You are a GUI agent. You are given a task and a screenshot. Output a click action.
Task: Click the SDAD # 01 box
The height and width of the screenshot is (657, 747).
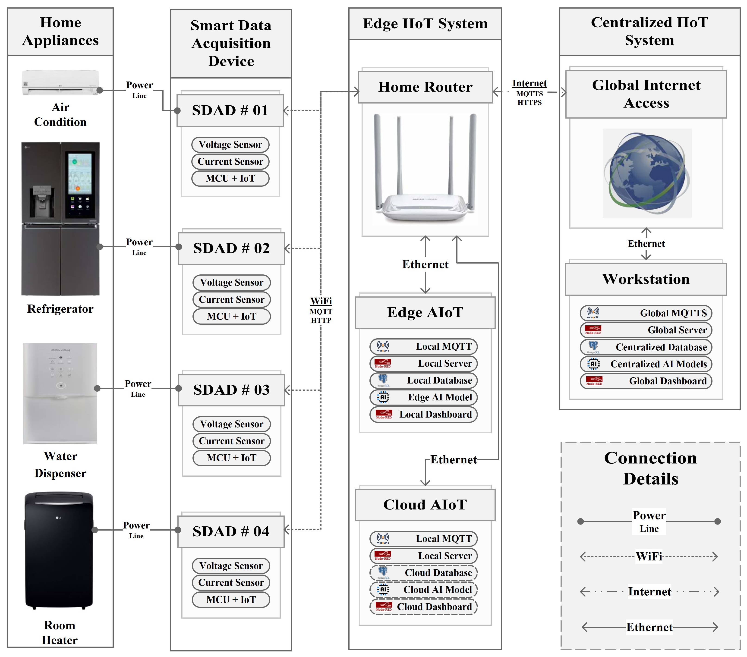(230, 110)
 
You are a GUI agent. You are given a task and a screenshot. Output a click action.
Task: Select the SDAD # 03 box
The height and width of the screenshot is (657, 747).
(231, 390)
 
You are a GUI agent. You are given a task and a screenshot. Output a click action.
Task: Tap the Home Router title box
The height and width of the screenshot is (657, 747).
(425, 87)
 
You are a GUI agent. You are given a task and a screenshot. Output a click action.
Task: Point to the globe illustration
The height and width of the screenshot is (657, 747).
(647, 173)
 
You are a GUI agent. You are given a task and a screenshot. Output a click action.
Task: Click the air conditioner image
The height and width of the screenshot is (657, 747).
(60, 82)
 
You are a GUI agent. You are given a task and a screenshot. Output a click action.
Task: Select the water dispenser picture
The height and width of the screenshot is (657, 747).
(60, 393)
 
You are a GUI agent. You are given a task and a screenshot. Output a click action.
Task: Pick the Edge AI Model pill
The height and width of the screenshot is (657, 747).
(424, 397)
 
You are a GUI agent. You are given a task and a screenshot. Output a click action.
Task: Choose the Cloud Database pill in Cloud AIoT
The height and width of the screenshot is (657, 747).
(424, 573)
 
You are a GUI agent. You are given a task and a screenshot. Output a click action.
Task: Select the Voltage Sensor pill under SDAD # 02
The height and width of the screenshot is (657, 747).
(231, 283)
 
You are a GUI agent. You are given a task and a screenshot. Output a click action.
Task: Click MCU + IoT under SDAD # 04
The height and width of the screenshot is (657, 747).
(231, 600)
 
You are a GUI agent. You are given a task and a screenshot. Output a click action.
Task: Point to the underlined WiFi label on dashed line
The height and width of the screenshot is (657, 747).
(321, 301)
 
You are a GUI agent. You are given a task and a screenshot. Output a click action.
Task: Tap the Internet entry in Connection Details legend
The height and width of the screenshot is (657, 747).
(649, 592)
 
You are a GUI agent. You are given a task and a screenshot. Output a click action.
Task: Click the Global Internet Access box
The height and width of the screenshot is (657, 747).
(646, 94)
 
